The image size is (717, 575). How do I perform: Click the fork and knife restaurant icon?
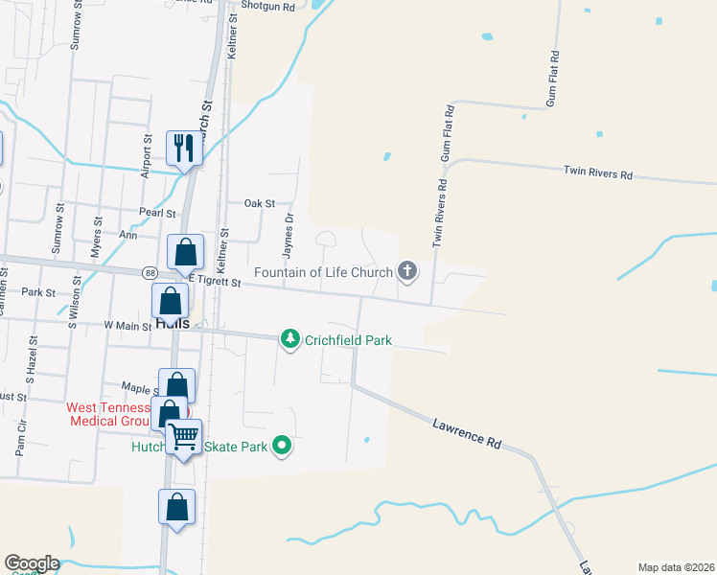coord(184,149)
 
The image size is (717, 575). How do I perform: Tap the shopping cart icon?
coord(185,437)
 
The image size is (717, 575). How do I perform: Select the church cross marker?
coord(407,271)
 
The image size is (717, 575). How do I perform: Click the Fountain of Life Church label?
coord(324,272)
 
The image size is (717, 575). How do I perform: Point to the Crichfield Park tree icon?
coord(289,339)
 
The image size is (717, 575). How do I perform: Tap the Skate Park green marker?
coord(282,446)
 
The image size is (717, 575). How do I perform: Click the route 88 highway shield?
coord(150,273)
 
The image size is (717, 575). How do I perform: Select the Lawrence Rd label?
coord(467,431)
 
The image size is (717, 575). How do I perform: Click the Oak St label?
coord(259,204)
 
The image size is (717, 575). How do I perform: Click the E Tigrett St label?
coord(214,280)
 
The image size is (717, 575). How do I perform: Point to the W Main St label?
coord(127,326)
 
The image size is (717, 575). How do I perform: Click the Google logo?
coord(32,563)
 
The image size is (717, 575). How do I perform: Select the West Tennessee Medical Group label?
coord(108,414)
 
